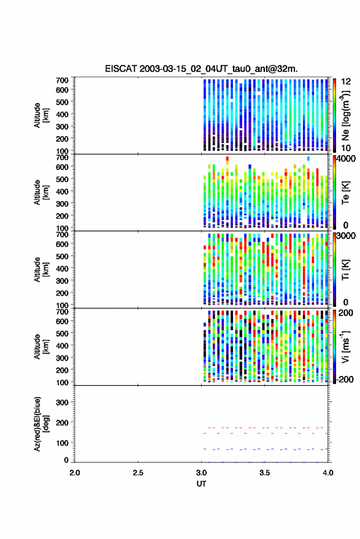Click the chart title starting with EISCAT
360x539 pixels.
click(201, 69)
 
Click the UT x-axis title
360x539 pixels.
click(201, 484)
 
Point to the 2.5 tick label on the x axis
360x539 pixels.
click(138, 473)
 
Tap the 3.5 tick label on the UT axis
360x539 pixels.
click(264, 473)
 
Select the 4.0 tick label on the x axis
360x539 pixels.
click(327, 473)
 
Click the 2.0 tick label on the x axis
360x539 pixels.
click(75, 473)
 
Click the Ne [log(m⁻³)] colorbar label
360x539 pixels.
click(345, 115)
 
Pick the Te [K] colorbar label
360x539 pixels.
click(345, 193)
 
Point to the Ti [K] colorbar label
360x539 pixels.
click(345, 270)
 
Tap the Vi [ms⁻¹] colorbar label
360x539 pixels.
click(345, 346)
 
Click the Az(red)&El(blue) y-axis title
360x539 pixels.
click(41, 424)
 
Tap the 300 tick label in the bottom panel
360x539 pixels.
click(62, 402)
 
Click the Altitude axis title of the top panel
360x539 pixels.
click(41, 115)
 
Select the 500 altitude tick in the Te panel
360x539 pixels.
click(62, 179)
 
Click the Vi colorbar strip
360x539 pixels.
click(335, 346)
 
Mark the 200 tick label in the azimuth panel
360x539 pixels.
click(62, 422)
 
